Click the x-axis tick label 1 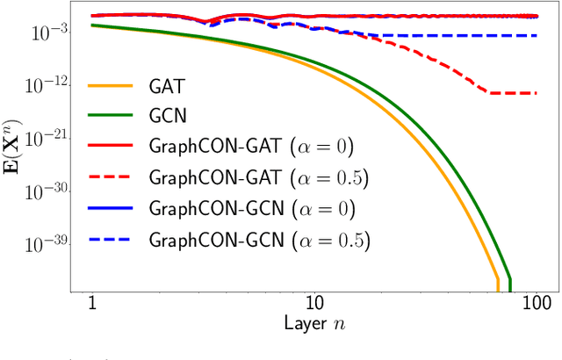pyautogui.click(x=92, y=304)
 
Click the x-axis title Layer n pyautogui.click(x=314, y=325)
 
